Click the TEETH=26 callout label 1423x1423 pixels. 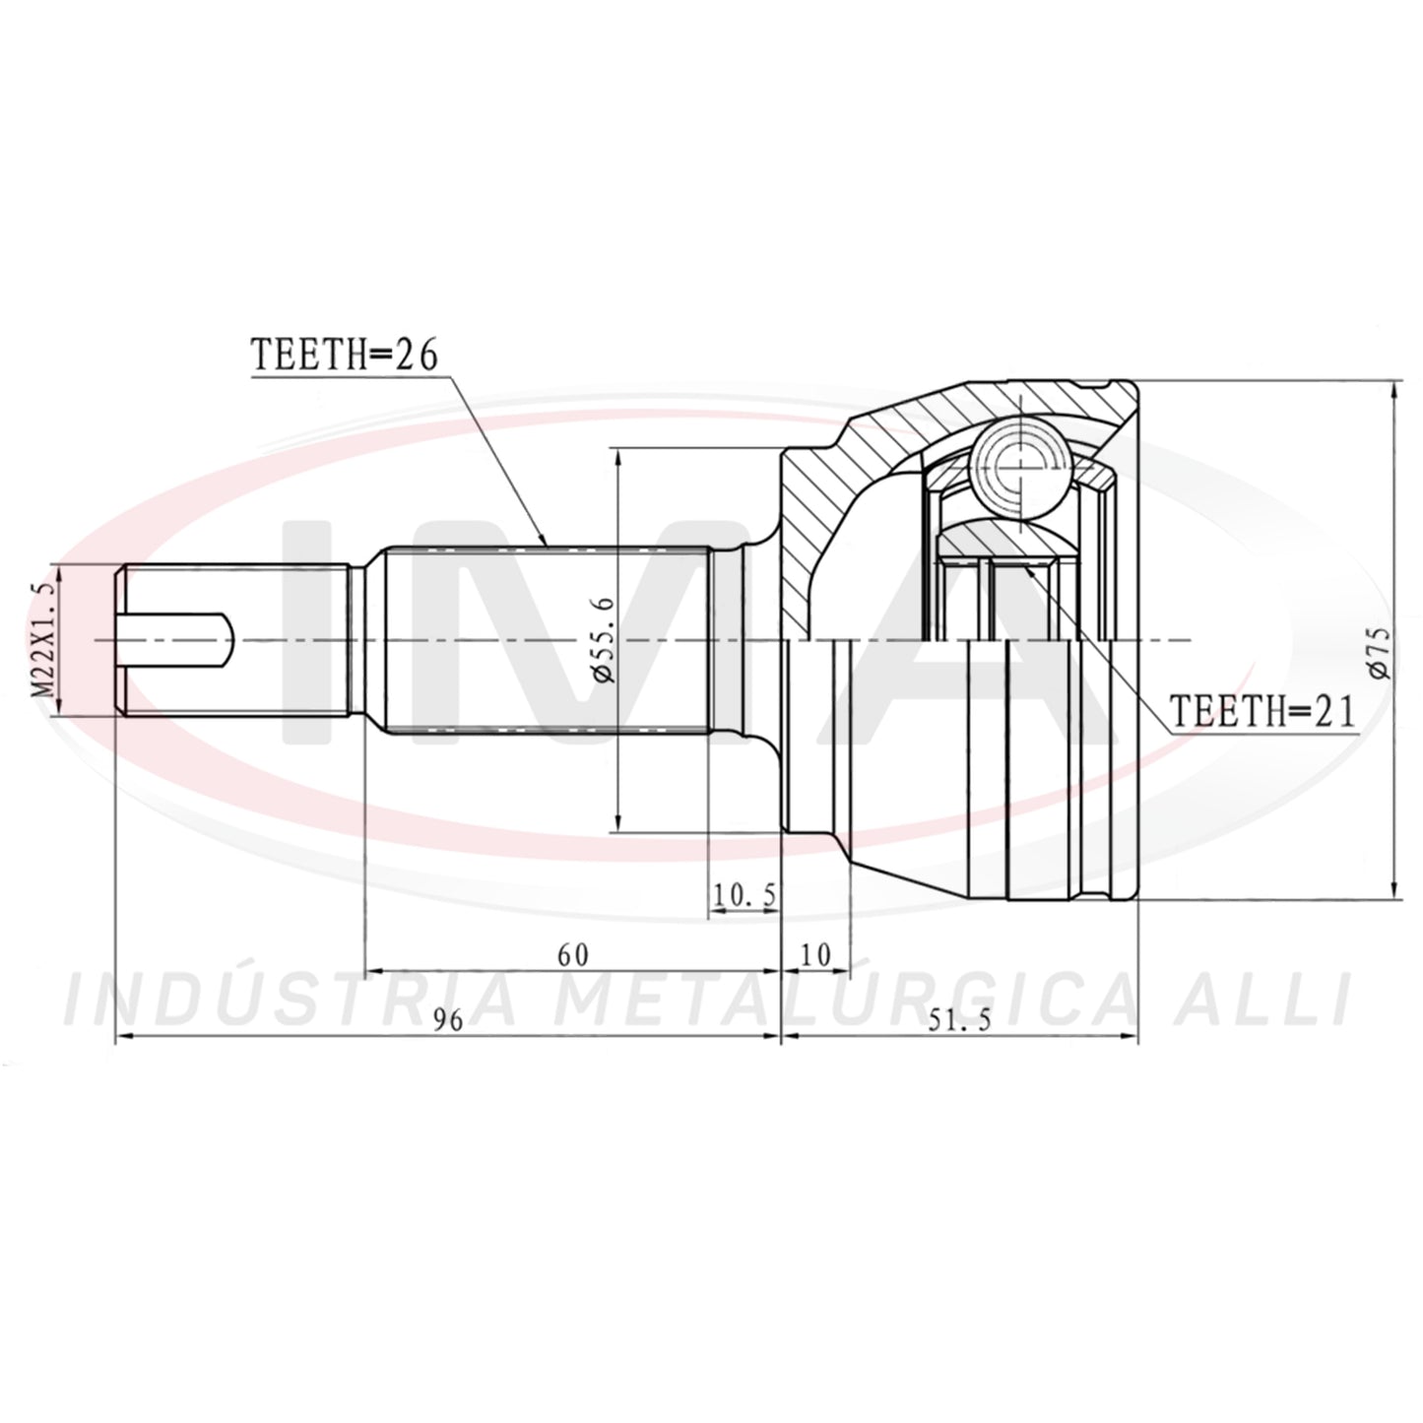click(x=345, y=356)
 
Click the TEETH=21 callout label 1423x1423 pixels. click(x=1262, y=711)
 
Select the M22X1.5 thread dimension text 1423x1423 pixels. click(x=42, y=639)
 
